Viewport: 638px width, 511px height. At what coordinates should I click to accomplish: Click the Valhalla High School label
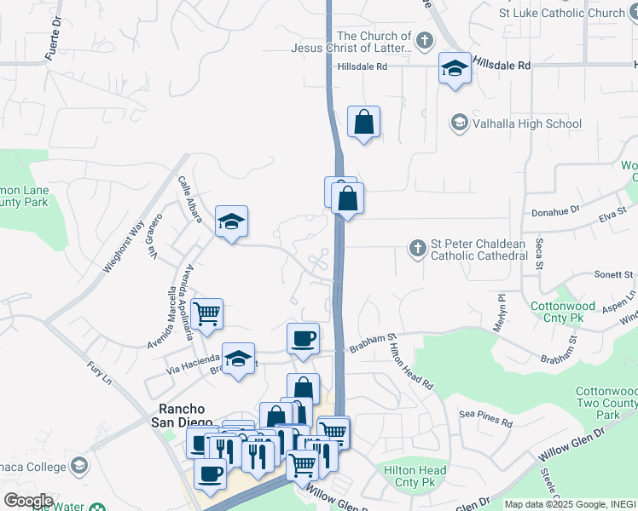coord(527,123)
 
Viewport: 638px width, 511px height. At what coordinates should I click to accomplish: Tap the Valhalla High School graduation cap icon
coord(459,123)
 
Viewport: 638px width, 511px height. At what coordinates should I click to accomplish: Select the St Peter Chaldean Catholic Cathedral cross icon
coord(417,249)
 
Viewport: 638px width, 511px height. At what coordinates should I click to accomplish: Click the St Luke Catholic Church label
coord(563,13)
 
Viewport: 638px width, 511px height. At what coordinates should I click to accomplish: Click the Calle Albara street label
coord(189,200)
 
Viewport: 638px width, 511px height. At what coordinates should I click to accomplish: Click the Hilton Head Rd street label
coord(411,363)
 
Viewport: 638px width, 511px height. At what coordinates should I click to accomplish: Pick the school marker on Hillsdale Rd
coord(455,68)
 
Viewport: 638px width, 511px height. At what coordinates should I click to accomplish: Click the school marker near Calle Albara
coord(231,221)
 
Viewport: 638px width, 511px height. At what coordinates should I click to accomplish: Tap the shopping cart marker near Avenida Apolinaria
coord(207,313)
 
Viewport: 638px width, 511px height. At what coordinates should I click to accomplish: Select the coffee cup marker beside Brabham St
coord(303,339)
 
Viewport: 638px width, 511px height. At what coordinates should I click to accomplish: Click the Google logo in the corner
coord(28,501)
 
